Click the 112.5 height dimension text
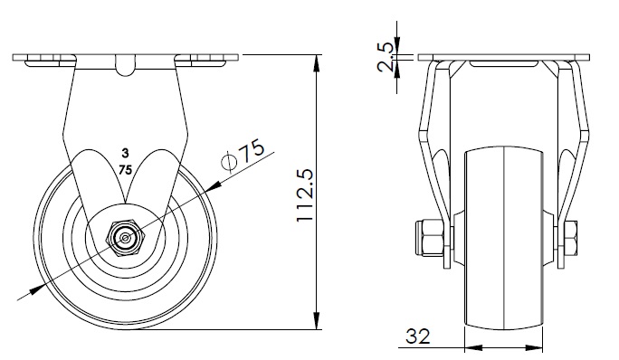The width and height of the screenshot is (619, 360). (305, 195)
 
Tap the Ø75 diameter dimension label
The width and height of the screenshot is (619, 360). (243, 156)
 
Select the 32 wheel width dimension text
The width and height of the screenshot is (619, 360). (418, 336)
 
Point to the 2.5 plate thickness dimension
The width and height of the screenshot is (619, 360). (386, 57)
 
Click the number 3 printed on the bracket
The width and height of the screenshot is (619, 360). (125, 153)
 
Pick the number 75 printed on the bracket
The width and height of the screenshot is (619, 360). (125, 170)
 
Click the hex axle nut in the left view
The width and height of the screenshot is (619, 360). (126, 238)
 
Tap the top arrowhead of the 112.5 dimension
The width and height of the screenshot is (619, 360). (317, 64)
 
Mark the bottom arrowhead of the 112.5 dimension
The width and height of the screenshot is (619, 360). (317, 320)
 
